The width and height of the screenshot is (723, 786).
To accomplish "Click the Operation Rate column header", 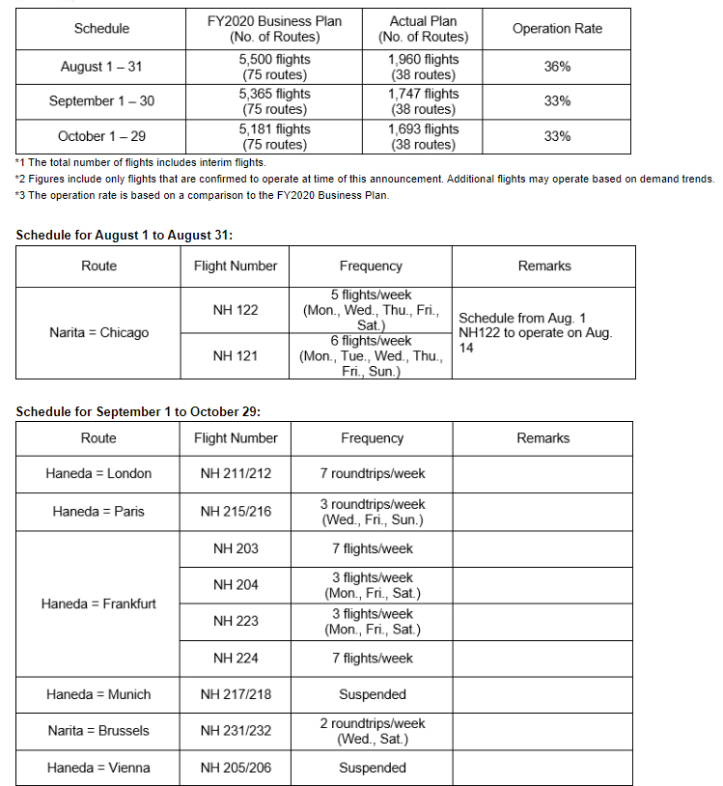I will (x=557, y=29).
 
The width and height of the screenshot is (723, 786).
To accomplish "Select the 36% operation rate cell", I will (x=557, y=67).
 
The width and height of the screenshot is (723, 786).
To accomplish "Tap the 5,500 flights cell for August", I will (x=275, y=67).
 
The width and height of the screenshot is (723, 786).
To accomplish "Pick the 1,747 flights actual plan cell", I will (x=423, y=101).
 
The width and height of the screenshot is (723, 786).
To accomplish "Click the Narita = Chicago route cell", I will (x=98, y=332).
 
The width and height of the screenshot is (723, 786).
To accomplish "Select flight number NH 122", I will (x=236, y=310).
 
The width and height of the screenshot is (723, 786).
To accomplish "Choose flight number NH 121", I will (x=236, y=355).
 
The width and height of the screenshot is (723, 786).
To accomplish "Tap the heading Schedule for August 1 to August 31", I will (x=125, y=235).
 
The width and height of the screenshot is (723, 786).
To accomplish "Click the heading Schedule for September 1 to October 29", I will (x=138, y=411).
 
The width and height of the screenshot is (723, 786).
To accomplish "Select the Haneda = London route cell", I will (x=98, y=474).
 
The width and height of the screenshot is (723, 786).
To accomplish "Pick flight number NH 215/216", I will (x=236, y=511).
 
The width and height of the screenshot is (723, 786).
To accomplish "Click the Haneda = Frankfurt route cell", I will (x=98, y=604).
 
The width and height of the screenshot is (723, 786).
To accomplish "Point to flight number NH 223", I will (x=236, y=621).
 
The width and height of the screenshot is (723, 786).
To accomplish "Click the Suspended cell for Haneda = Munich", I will (x=372, y=694).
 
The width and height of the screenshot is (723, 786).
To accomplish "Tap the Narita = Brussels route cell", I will (x=98, y=731).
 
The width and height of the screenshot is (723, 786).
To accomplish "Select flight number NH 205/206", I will (x=236, y=768).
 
